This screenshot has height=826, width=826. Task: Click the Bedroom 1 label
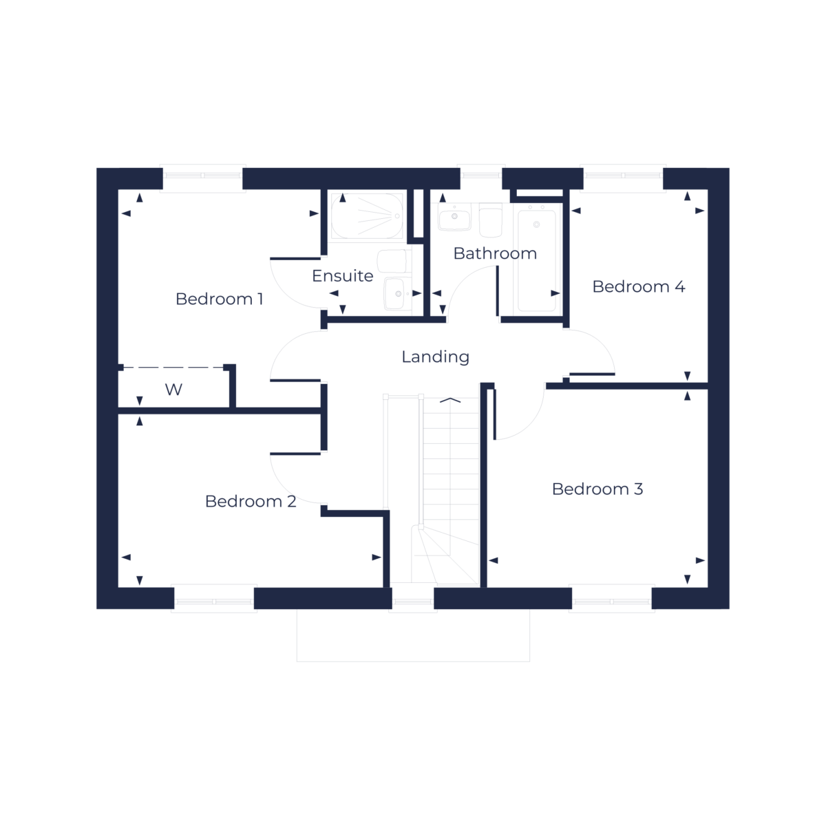pyautogui.click(x=219, y=299)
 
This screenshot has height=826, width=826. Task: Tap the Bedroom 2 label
pyautogui.click(x=251, y=501)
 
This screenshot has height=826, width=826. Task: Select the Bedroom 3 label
pyautogui.click(x=597, y=489)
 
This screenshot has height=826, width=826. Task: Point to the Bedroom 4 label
pyautogui.click(x=639, y=286)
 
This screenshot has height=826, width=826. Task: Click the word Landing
pyautogui.click(x=435, y=357)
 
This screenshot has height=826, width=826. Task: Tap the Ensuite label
pyautogui.click(x=342, y=276)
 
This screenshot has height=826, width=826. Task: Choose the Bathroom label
pyautogui.click(x=495, y=253)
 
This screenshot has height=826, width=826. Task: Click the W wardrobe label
pyautogui.click(x=174, y=390)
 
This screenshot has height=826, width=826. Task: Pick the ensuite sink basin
pyautogui.click(x=396, y=293)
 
